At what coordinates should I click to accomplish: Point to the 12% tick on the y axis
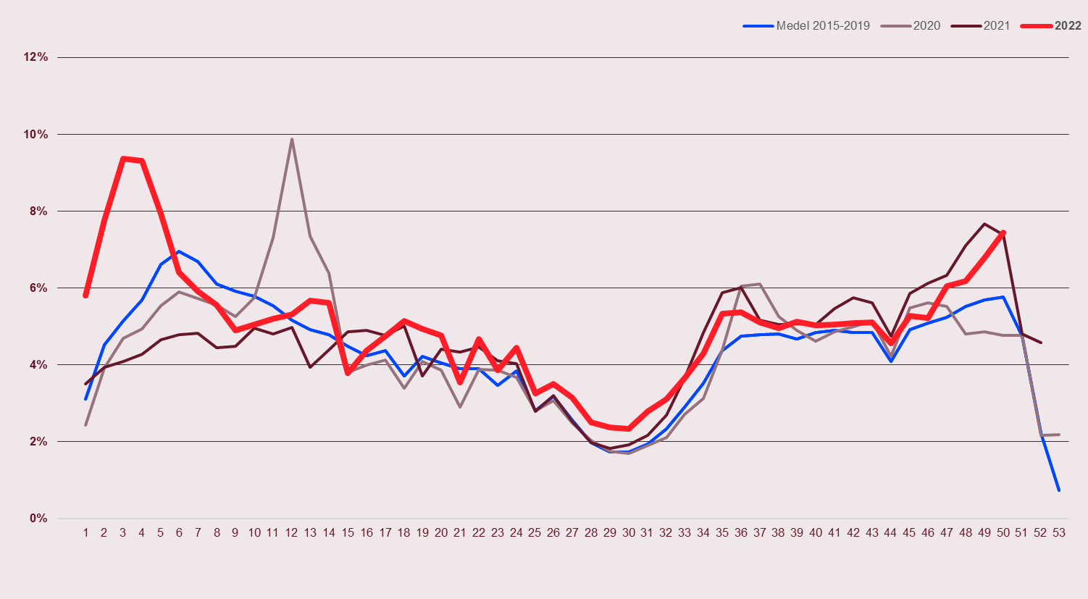[x=35, y=57]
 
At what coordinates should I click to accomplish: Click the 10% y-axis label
[x=35, y=134]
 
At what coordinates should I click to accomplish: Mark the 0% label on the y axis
[x=38, y=518]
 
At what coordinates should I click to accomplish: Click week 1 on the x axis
[x=85, y=532]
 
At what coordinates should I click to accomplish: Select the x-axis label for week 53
[x=1059, y=532]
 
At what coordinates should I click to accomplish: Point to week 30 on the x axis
[x=628, y=532]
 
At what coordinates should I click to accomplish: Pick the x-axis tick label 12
[x=291, y=532]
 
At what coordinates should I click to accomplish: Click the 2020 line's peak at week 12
[x=291, y=139]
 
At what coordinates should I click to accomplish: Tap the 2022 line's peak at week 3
[x=123, y=159]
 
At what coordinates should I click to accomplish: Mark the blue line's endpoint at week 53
[x=1059, y=490]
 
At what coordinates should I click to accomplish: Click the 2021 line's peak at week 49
[x=984, y=224]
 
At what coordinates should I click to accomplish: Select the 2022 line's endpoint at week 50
[x=1003, y=233]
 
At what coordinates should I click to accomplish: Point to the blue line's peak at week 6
[x=179, y=251]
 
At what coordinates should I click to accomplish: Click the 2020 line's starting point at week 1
[x=85, y=425]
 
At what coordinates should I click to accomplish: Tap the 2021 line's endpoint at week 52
[x=1041, y=343]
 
